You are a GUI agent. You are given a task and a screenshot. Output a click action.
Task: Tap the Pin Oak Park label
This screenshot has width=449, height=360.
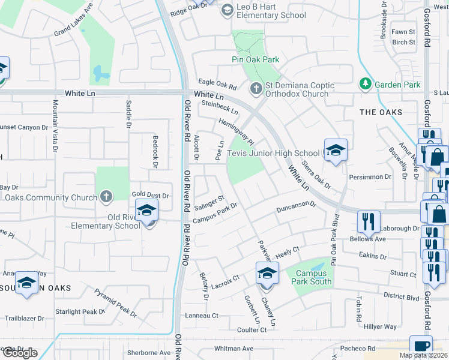tap(255, 59)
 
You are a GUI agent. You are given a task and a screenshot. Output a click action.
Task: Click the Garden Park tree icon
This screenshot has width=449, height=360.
tap(365, 85)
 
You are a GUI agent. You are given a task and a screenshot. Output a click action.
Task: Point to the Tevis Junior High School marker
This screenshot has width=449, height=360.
tap(336, 150)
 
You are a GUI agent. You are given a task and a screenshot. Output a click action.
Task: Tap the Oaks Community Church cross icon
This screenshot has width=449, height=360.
tap(106, 196)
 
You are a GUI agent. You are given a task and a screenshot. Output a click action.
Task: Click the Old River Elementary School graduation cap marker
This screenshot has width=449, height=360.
tap(146, 212)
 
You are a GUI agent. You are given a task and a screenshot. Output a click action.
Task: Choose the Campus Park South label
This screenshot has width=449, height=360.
tap(309, 276)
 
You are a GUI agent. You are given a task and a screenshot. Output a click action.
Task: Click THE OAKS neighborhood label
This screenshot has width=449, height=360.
tap(381, 112)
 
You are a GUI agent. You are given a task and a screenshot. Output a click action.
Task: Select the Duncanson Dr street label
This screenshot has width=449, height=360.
tap(296, 208)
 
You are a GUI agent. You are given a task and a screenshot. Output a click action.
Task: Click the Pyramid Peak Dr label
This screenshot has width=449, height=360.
tap(116, 302)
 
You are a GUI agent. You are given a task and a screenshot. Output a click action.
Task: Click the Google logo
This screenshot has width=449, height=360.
tap(19, 353)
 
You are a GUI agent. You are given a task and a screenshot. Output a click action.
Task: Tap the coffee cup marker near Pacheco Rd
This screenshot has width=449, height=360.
tap(421, 346)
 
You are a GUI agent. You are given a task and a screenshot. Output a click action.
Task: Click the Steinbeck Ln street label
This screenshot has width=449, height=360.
tap(220, 107)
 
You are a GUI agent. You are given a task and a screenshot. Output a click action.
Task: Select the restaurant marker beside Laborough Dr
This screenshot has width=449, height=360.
tap(368, 221)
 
